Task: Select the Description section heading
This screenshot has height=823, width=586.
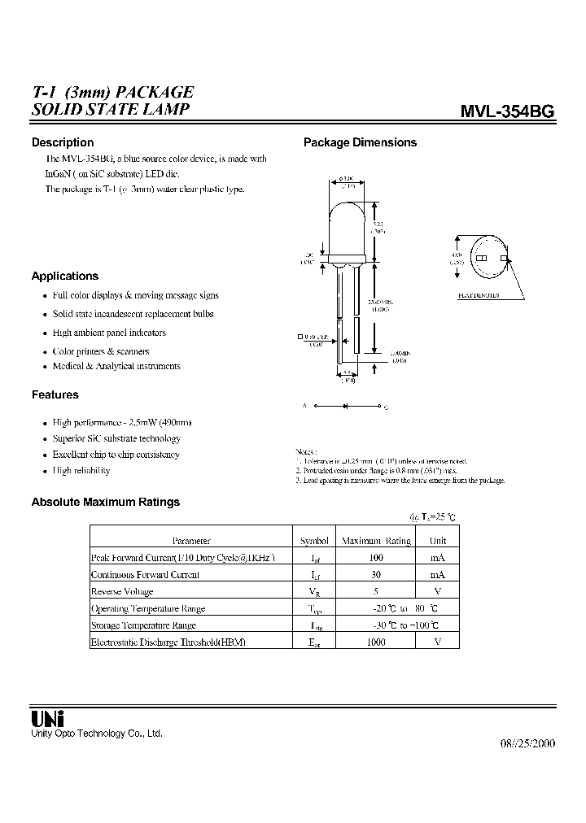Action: (x=63, y=142)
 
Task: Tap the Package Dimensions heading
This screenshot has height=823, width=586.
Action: (x=360, y=142)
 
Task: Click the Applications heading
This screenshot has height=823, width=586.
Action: (x=65, y=276)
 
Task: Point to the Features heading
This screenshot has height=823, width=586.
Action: (x=55, y=394)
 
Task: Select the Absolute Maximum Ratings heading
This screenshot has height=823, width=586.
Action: (x=106, y=502)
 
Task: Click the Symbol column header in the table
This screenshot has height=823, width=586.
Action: (x=314, y=541)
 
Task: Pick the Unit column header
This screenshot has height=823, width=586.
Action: (x=438, y=541)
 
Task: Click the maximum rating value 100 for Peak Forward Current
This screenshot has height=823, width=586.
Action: (x=375, y=558)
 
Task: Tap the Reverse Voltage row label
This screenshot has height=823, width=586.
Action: (x=122, y=592)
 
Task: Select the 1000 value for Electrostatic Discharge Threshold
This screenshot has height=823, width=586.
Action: (x=375, y=642)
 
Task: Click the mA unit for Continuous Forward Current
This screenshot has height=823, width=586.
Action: (x=438, y=575)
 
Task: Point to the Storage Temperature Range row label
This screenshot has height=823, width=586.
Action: (x=143, y=625)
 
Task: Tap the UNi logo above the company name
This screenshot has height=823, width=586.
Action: (x=47, y=719)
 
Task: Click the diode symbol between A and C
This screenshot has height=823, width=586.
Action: (x=346, y=405)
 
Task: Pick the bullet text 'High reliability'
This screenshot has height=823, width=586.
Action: (x=81, y=471)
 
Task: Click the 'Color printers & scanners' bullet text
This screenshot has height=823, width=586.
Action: (x=101, y=351)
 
